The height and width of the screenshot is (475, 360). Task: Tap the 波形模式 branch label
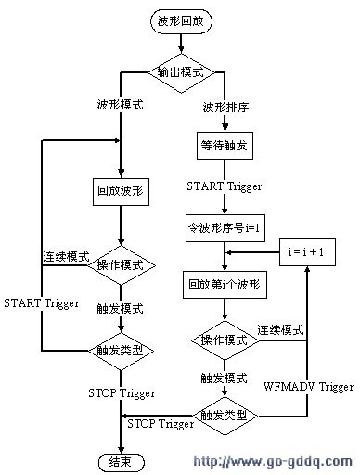(119, 106)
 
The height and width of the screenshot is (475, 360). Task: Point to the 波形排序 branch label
(225, 107)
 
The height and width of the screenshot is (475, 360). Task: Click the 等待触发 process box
(225, 145)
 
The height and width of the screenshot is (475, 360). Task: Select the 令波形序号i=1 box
(225, 226)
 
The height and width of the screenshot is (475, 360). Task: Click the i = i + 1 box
(305, 251)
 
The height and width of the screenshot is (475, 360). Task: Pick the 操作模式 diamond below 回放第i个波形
(225, 340)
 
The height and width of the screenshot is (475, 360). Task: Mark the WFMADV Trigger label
(308, 385)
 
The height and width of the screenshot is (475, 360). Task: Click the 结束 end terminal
(119, 460)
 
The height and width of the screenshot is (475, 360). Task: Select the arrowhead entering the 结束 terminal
(119, 446)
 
